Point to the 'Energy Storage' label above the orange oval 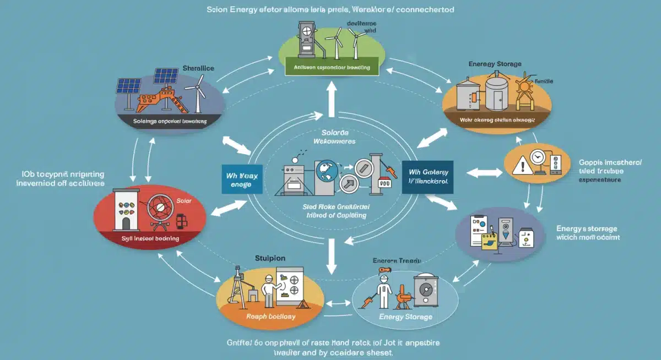click(x=495, y=64)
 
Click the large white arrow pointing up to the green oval click(x=331, y=97)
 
